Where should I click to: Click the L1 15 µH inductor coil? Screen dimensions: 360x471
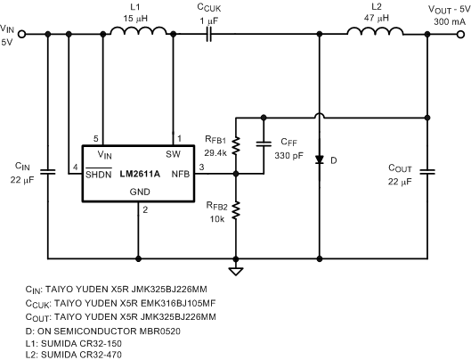[138, 34]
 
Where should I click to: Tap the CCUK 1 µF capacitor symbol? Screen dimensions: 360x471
[208, 36]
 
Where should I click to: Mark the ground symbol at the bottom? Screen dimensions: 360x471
[236, 269]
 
